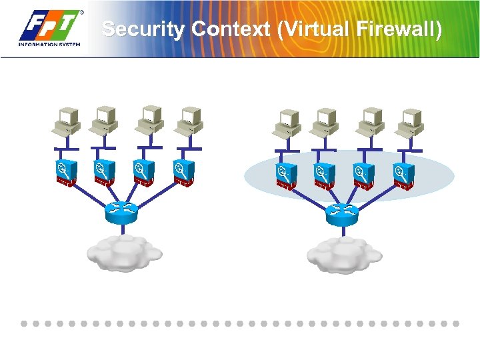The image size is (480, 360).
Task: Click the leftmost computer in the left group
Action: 65,122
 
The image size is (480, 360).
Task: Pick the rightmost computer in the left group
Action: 189,122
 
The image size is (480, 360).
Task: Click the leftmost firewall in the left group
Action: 65,173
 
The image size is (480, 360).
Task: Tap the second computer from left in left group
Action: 103,122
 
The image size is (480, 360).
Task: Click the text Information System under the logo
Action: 49,44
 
